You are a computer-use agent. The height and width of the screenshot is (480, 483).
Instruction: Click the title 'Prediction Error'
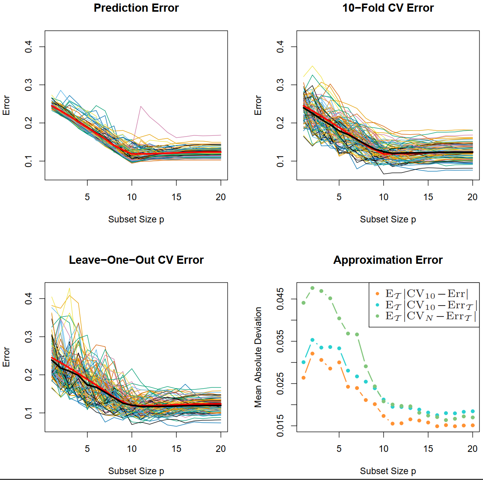click(x=136, y=8)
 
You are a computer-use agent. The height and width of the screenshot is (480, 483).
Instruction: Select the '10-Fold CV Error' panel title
click(x=388, y=8)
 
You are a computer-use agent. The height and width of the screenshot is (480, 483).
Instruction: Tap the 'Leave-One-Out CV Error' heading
click(x=136, y=260)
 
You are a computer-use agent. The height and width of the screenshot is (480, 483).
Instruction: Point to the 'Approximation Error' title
click(x=388, y=260)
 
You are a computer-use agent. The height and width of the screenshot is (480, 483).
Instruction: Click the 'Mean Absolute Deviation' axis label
click(x=258, y=357)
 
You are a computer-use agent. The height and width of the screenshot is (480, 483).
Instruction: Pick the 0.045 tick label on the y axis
click(x=280, y=299)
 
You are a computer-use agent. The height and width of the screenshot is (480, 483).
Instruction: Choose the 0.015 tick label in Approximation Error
click(x=280, y=426)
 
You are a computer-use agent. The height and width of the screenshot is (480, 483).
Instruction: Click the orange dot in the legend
click(x=377, y=293)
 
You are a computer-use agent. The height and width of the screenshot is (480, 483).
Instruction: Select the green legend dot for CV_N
click(x=377, y=316)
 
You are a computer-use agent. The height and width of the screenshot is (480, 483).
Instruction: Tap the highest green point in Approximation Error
click(x=313, y=288)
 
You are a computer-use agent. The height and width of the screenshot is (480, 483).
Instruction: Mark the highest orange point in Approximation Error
click(x=313, y=354)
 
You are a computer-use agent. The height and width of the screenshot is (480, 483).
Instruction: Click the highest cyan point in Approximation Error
click(x=313, y=340)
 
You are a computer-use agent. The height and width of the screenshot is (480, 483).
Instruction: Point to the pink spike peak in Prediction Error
click(x=141, y=106)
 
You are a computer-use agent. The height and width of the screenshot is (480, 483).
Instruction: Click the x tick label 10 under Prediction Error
click(x=132, y=197)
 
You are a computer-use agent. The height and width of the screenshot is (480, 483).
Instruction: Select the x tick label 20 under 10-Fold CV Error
click(x=472, y=197)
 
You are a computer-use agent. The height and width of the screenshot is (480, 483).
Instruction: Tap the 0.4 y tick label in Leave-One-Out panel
click(x=28, y=299)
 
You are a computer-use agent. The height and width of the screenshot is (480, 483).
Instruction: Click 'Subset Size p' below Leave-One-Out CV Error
click(x=136, y=471)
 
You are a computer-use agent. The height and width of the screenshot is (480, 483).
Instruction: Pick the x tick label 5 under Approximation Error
click(x=339, y=449)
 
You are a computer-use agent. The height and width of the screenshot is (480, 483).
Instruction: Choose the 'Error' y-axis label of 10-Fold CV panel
click(x=258, y=105)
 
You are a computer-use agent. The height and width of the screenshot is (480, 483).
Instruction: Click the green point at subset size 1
click(x=304, y=303)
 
